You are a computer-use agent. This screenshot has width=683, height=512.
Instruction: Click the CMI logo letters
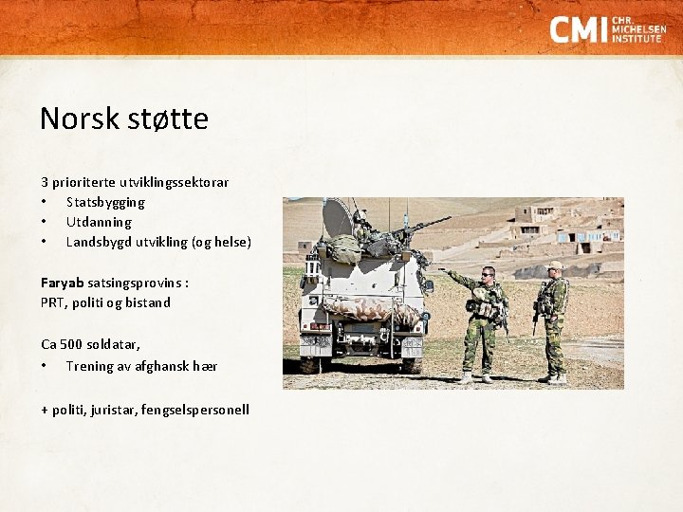(578, 29)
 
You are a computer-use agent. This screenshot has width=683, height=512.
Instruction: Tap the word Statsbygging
(105, 202)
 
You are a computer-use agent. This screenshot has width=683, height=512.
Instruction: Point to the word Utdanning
(99, 222)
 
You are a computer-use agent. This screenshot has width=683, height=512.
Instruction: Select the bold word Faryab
(63, 283)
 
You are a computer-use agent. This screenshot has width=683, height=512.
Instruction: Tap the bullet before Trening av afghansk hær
(44, 366)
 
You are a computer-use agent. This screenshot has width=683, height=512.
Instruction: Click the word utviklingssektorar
(174, 181)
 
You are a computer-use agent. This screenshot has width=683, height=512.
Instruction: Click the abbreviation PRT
(53, 302)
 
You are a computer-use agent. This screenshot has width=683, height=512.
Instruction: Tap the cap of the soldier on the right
(555, 265)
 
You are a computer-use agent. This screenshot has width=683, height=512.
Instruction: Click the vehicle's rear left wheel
(310, 363)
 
